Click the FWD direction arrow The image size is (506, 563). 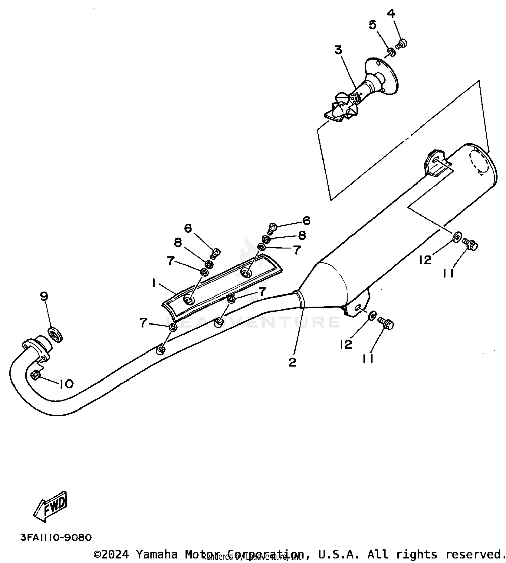pyautogui.click(x=50, y=506)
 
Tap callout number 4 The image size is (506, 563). pyautogui.click(x=391, y=13)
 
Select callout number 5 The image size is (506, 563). pyautogui.click(x=372, y=25)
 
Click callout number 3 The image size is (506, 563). pyautogui.click(x=338, y=50)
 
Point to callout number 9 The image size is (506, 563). pyautogui.click(x=44, y=296)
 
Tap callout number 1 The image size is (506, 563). pyautogui.click(x=154, y=283)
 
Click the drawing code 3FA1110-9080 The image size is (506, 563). pyautogui.click(x=56, y=537)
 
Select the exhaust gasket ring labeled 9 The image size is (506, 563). pyautogui.click(x=56, y=334)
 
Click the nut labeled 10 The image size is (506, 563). pyautogui.click(x=36, y=375)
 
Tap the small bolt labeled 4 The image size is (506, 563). pyautogui.click(x=401, y=44)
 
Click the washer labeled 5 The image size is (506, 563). pyautogui.click(x=391, y=52)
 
